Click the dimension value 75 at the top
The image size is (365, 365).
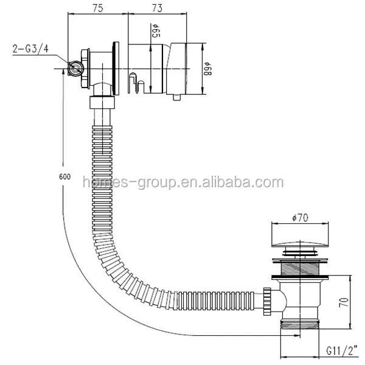click(x=98, y=8)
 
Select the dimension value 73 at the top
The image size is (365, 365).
click(x=156, y=8)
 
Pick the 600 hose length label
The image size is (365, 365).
click(x=65, y=176)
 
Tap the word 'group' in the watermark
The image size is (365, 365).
click(x=155, y=182)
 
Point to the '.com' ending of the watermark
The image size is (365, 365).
click(x=268, y=182)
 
